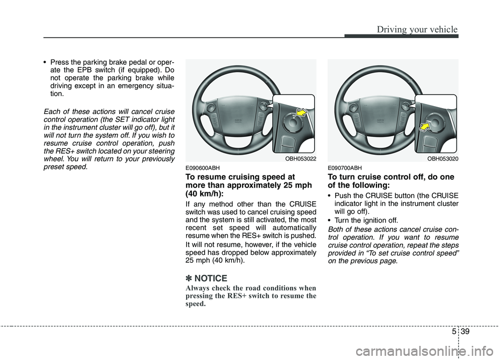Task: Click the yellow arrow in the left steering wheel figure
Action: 301,111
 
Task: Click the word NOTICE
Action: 211,278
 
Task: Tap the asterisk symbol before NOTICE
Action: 189,278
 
